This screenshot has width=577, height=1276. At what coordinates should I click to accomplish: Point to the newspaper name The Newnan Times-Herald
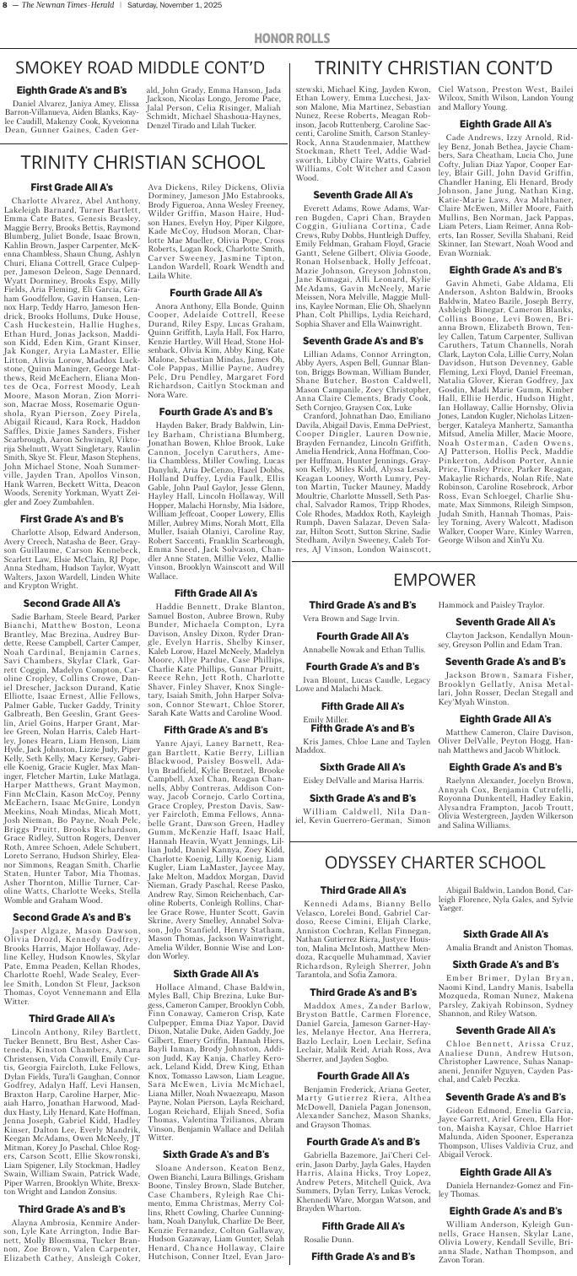pyautogui.click(x=53, y=8)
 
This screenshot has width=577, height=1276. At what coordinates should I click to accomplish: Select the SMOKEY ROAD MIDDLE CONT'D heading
pyautogui.click(x=142, y=66)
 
